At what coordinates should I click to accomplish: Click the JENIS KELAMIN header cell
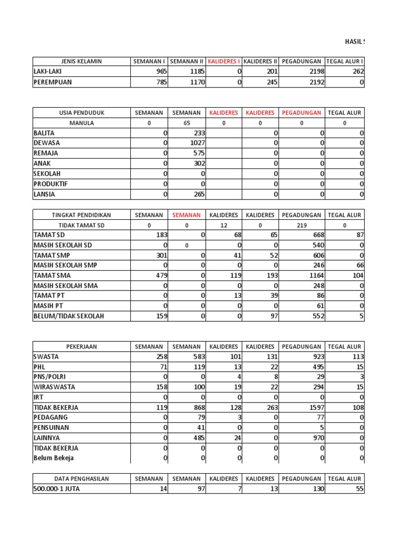(x=81, y=61)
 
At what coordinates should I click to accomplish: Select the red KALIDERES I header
(x=224, y=61)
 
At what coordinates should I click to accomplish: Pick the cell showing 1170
(x=195, y=82)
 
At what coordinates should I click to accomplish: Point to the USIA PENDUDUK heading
(x=81, y=113)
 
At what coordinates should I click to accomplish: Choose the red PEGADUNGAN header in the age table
(x=301, y=113)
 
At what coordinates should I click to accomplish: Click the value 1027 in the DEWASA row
(x=195, y=143)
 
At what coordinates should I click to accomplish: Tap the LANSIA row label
(x=44, y=194)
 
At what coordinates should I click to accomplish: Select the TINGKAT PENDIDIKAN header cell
(x=81, y=215)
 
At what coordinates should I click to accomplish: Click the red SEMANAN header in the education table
(x=186, y=215)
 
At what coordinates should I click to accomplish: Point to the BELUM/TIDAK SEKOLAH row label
(x=69, y=316)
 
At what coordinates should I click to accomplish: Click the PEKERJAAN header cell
(x=81, y=347)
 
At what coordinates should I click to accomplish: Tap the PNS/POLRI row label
(x=50, y=377)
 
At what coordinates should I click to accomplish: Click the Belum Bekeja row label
(x=53, y=458)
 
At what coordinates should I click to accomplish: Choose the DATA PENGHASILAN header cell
(x=81, y=478)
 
